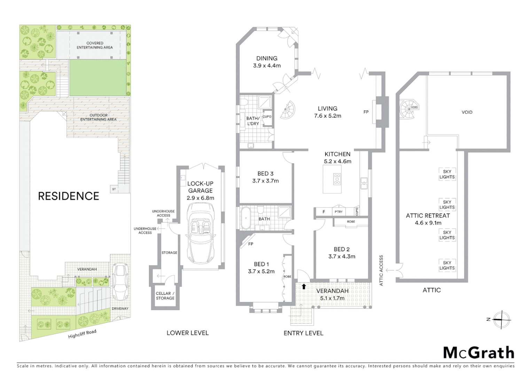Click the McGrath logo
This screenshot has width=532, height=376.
click(x=478, y=353)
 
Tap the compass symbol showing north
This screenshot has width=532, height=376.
click(x=501, y=319)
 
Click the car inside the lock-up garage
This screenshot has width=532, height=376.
click(x=201, y=234)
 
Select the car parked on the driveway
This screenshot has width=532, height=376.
click(x=119, y=282)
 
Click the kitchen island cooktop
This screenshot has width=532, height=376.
click(x=337, y=179)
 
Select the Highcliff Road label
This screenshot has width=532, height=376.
click(x=82, y=334)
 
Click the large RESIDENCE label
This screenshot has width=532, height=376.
click(x=69, y=196)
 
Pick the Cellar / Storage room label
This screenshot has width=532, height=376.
click(x=165, y=296)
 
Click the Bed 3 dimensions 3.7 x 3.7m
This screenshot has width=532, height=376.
click(x=265, y=181)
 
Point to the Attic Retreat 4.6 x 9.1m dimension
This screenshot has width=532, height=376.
click(x=428, y=223)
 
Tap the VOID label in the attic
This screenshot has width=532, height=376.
click(x=467, y=112)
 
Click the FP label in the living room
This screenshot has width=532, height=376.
click(x=366, y=112)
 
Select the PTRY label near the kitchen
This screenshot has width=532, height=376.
click(x=338, y=212)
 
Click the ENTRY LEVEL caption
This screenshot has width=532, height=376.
click(x=303, y=333)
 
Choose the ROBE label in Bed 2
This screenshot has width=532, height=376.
click(x=351, y=222)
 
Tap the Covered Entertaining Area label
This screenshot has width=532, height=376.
click(x=95, y=45)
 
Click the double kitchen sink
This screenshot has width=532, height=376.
click(x=363, y=183)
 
